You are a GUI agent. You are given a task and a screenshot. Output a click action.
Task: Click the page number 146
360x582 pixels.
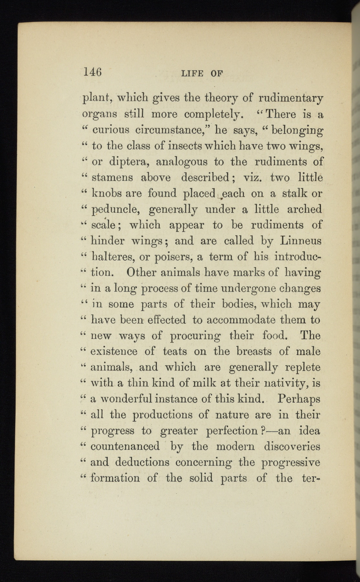coord(93,72)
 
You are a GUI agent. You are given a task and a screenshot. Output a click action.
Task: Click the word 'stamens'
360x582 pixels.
coord(112,178)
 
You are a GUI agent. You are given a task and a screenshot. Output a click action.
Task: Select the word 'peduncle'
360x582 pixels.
coord(115,210)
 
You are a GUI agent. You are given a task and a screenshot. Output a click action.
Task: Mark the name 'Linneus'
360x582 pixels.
coord(301,241)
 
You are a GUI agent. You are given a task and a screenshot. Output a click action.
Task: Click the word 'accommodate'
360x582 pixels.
coord(239,320)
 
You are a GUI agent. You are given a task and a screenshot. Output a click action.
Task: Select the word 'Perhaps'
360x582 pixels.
coord(299,399)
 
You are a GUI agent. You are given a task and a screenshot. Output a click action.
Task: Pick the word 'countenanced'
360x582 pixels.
coord(125,447)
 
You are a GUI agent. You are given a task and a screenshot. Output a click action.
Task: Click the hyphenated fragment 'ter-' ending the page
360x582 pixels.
coord(310,478)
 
